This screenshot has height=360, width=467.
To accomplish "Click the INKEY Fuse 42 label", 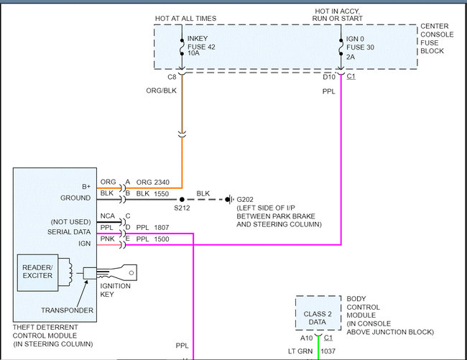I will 201,46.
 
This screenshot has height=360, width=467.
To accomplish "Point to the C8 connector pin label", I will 172,76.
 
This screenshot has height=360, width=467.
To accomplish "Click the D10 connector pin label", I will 329,76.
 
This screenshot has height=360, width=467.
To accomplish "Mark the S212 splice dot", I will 181,200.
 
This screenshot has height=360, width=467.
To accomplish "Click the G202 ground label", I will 246,200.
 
